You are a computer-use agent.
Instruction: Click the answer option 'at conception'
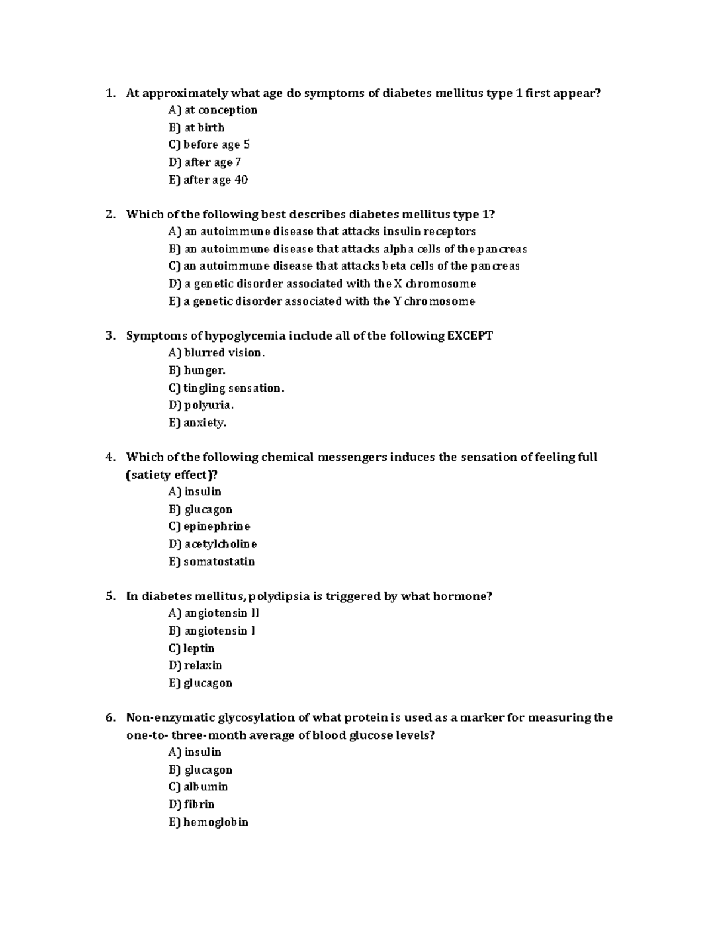(213, 110)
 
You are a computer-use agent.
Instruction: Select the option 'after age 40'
(208, 180)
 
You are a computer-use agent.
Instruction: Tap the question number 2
(110, 214)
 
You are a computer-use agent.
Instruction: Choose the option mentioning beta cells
(344, 266)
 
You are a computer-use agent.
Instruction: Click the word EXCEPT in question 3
(470, 335)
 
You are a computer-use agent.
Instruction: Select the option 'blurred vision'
(217, 353)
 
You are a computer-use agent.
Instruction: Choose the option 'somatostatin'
(212, 562)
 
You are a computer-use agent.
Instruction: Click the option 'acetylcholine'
(213, 544)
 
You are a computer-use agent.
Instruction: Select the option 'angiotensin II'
(214, 613)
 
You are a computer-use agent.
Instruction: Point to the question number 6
(110, 717)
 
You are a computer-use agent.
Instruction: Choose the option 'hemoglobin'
(208, 822)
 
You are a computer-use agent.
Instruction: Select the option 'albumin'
(199, 787)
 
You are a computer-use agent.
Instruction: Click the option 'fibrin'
(192, 805)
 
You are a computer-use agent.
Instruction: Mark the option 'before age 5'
(209, 144)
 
